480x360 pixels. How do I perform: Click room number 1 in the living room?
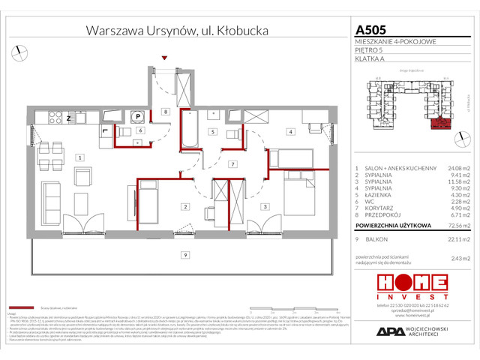pyautogui.click(x=79, y=158)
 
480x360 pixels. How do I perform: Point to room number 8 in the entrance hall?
pyautogui.click(x=166, y=112)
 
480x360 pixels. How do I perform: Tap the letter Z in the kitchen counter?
pyautogui.click(x=68, y=118)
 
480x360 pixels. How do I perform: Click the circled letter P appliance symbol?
pyautogui.click(x=138, y=116)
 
